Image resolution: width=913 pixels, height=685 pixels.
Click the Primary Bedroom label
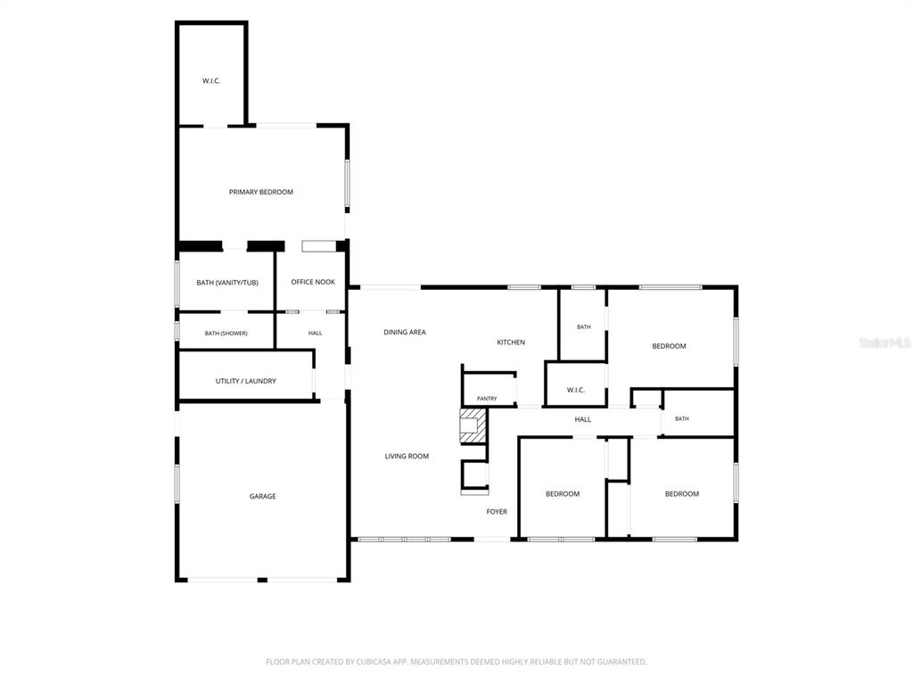click(x=261, y=193)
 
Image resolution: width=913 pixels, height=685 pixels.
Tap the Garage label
click(x=263, y=496)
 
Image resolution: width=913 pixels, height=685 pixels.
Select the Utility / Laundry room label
click(x=246, y=381)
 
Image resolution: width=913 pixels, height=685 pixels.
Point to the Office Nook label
click(x=313, y=282)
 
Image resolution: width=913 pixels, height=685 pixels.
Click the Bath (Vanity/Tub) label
click(x=227, y=283)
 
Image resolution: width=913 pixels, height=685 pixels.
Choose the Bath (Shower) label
click(x=226, y=334)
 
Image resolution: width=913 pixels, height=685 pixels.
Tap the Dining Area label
click(x=405, y=332)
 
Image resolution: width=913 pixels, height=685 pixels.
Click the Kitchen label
click(x=511, y=342)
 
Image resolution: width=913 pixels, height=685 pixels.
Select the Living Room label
click(x=407, y=456)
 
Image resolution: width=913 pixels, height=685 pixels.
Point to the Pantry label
click(x=487, y=399)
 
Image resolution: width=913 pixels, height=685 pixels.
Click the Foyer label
click(x=497, y=511)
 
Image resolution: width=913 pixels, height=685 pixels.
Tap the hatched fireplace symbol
click(x=473, y=425)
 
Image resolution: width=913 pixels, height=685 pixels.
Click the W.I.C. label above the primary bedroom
click(x=211, y=81)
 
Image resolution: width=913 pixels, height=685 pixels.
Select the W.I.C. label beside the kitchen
click(x=576, y=391)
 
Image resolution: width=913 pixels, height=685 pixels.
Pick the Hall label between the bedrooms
click(x=583, y=419)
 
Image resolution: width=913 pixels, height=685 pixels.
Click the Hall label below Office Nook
click(x=315, y=334)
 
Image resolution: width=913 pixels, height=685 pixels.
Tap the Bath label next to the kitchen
click(x=584, y=326)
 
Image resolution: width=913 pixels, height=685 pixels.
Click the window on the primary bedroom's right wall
click(x=347, y=184)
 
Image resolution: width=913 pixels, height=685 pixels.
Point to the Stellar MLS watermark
click(x=885, y=342)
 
